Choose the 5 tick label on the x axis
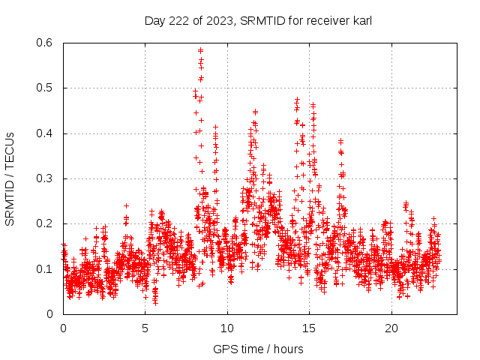[145, 328]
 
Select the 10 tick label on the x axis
[227, 328]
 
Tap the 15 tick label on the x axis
[309, 328]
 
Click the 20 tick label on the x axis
[391, 328]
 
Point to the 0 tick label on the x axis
[64, 328]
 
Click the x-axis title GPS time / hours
[258, 349]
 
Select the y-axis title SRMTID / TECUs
[10, 178]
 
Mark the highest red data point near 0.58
[200, 51]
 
